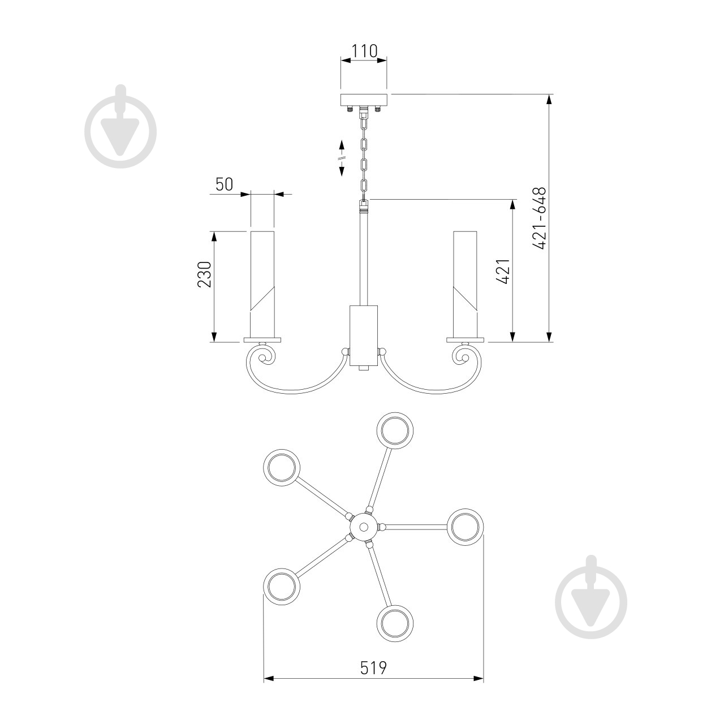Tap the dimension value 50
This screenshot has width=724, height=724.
(x=224, y=184)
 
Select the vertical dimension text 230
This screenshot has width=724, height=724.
(x=204, y=274)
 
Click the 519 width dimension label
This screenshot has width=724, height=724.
(x=373, y=668)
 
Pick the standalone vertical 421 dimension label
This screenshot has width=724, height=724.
(x=504, y=271)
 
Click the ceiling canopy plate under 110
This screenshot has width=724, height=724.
(x=364, y=100)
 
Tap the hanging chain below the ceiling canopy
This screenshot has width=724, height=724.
(x=364, y=156)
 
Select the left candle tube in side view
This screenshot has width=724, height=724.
(x=262, y=283)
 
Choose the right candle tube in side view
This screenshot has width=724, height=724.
(x=465, y=283)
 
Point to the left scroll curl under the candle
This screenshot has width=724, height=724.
(x=264, y=356)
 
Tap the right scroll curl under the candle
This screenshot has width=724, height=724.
(x=463, y=356)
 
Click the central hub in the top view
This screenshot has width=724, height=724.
(x=363, y=527)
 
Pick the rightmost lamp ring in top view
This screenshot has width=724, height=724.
(x=467, y=527)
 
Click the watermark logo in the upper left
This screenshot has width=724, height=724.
(x=120, y=127)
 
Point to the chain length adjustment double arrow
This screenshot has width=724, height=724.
(x=342, y=158)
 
